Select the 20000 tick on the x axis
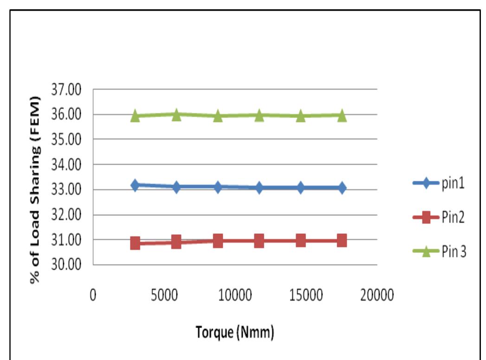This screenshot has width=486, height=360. pyautogui.click(x=376, y=296)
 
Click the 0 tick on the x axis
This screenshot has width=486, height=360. pyautogui.click(x=93, y=296)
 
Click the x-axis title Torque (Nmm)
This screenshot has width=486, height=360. pyautogui.click(x=235, y=334)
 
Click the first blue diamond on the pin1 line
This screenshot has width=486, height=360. pyautogui.click(x=135, y=186)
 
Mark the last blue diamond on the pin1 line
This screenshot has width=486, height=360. pyautogui.click(x=342, y=188)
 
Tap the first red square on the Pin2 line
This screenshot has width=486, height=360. pyautogui.click(x=135, y=243)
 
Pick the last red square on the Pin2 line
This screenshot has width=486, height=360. pyautogui.click(x=342, y=240)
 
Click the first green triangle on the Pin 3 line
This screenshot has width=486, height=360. pyautogui.click(x=135, y=116)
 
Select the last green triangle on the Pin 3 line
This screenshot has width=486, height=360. pyautogui.click(x=342, y=116)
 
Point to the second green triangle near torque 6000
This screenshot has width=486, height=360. pyautogui.click(x=176, y=115)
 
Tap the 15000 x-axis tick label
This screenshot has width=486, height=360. pyautogui.click(x=305, y=296)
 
